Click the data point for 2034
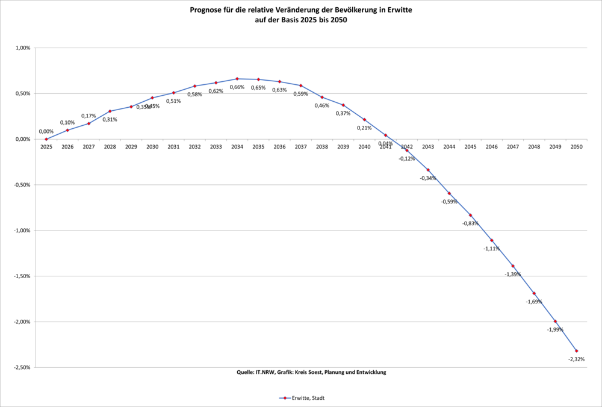pos(237,79)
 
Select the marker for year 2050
pos(577,351)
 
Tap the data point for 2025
pos(46,139)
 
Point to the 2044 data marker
pos(449,193)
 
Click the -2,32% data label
pos(576,359)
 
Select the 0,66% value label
pos(237,87)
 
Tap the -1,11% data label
pos(491,249)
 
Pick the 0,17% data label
pos(88,116)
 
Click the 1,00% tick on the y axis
pos(23,48)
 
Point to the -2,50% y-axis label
pos(22,367)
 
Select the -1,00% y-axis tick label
pos(22,231)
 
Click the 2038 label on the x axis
pos(322,147)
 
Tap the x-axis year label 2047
pos(513,147)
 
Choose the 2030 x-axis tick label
pos(152,147)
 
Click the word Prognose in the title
pos(208,10)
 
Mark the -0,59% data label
pos(449,201)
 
